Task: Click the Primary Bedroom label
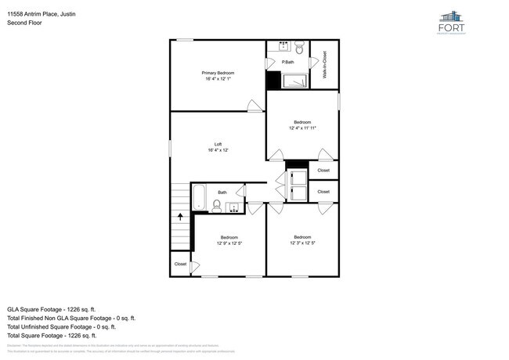point(219,75)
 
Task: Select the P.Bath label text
point(289,62)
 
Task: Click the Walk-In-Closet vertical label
point(324,64)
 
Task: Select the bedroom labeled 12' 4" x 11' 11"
point(302,124)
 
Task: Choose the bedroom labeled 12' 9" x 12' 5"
point(229,239)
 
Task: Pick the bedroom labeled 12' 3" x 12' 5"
point(301,239)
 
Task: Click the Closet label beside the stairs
point(181,265)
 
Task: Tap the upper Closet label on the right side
point(323,170)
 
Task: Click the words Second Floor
point(24,23)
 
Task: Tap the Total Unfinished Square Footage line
point(71,327)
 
